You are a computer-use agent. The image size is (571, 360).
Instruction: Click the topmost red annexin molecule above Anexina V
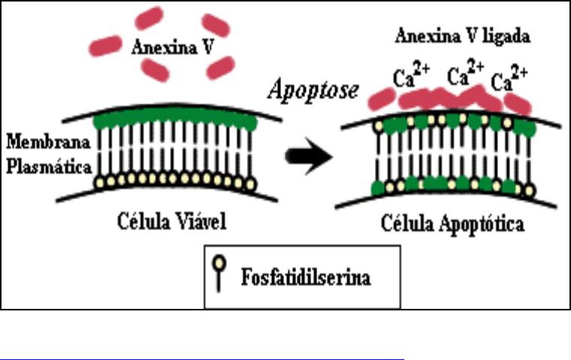pos(148,17)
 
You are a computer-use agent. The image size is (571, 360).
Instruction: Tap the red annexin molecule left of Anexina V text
pos(107,46)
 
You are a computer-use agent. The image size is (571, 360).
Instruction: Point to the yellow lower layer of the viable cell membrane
pos(173,180)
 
